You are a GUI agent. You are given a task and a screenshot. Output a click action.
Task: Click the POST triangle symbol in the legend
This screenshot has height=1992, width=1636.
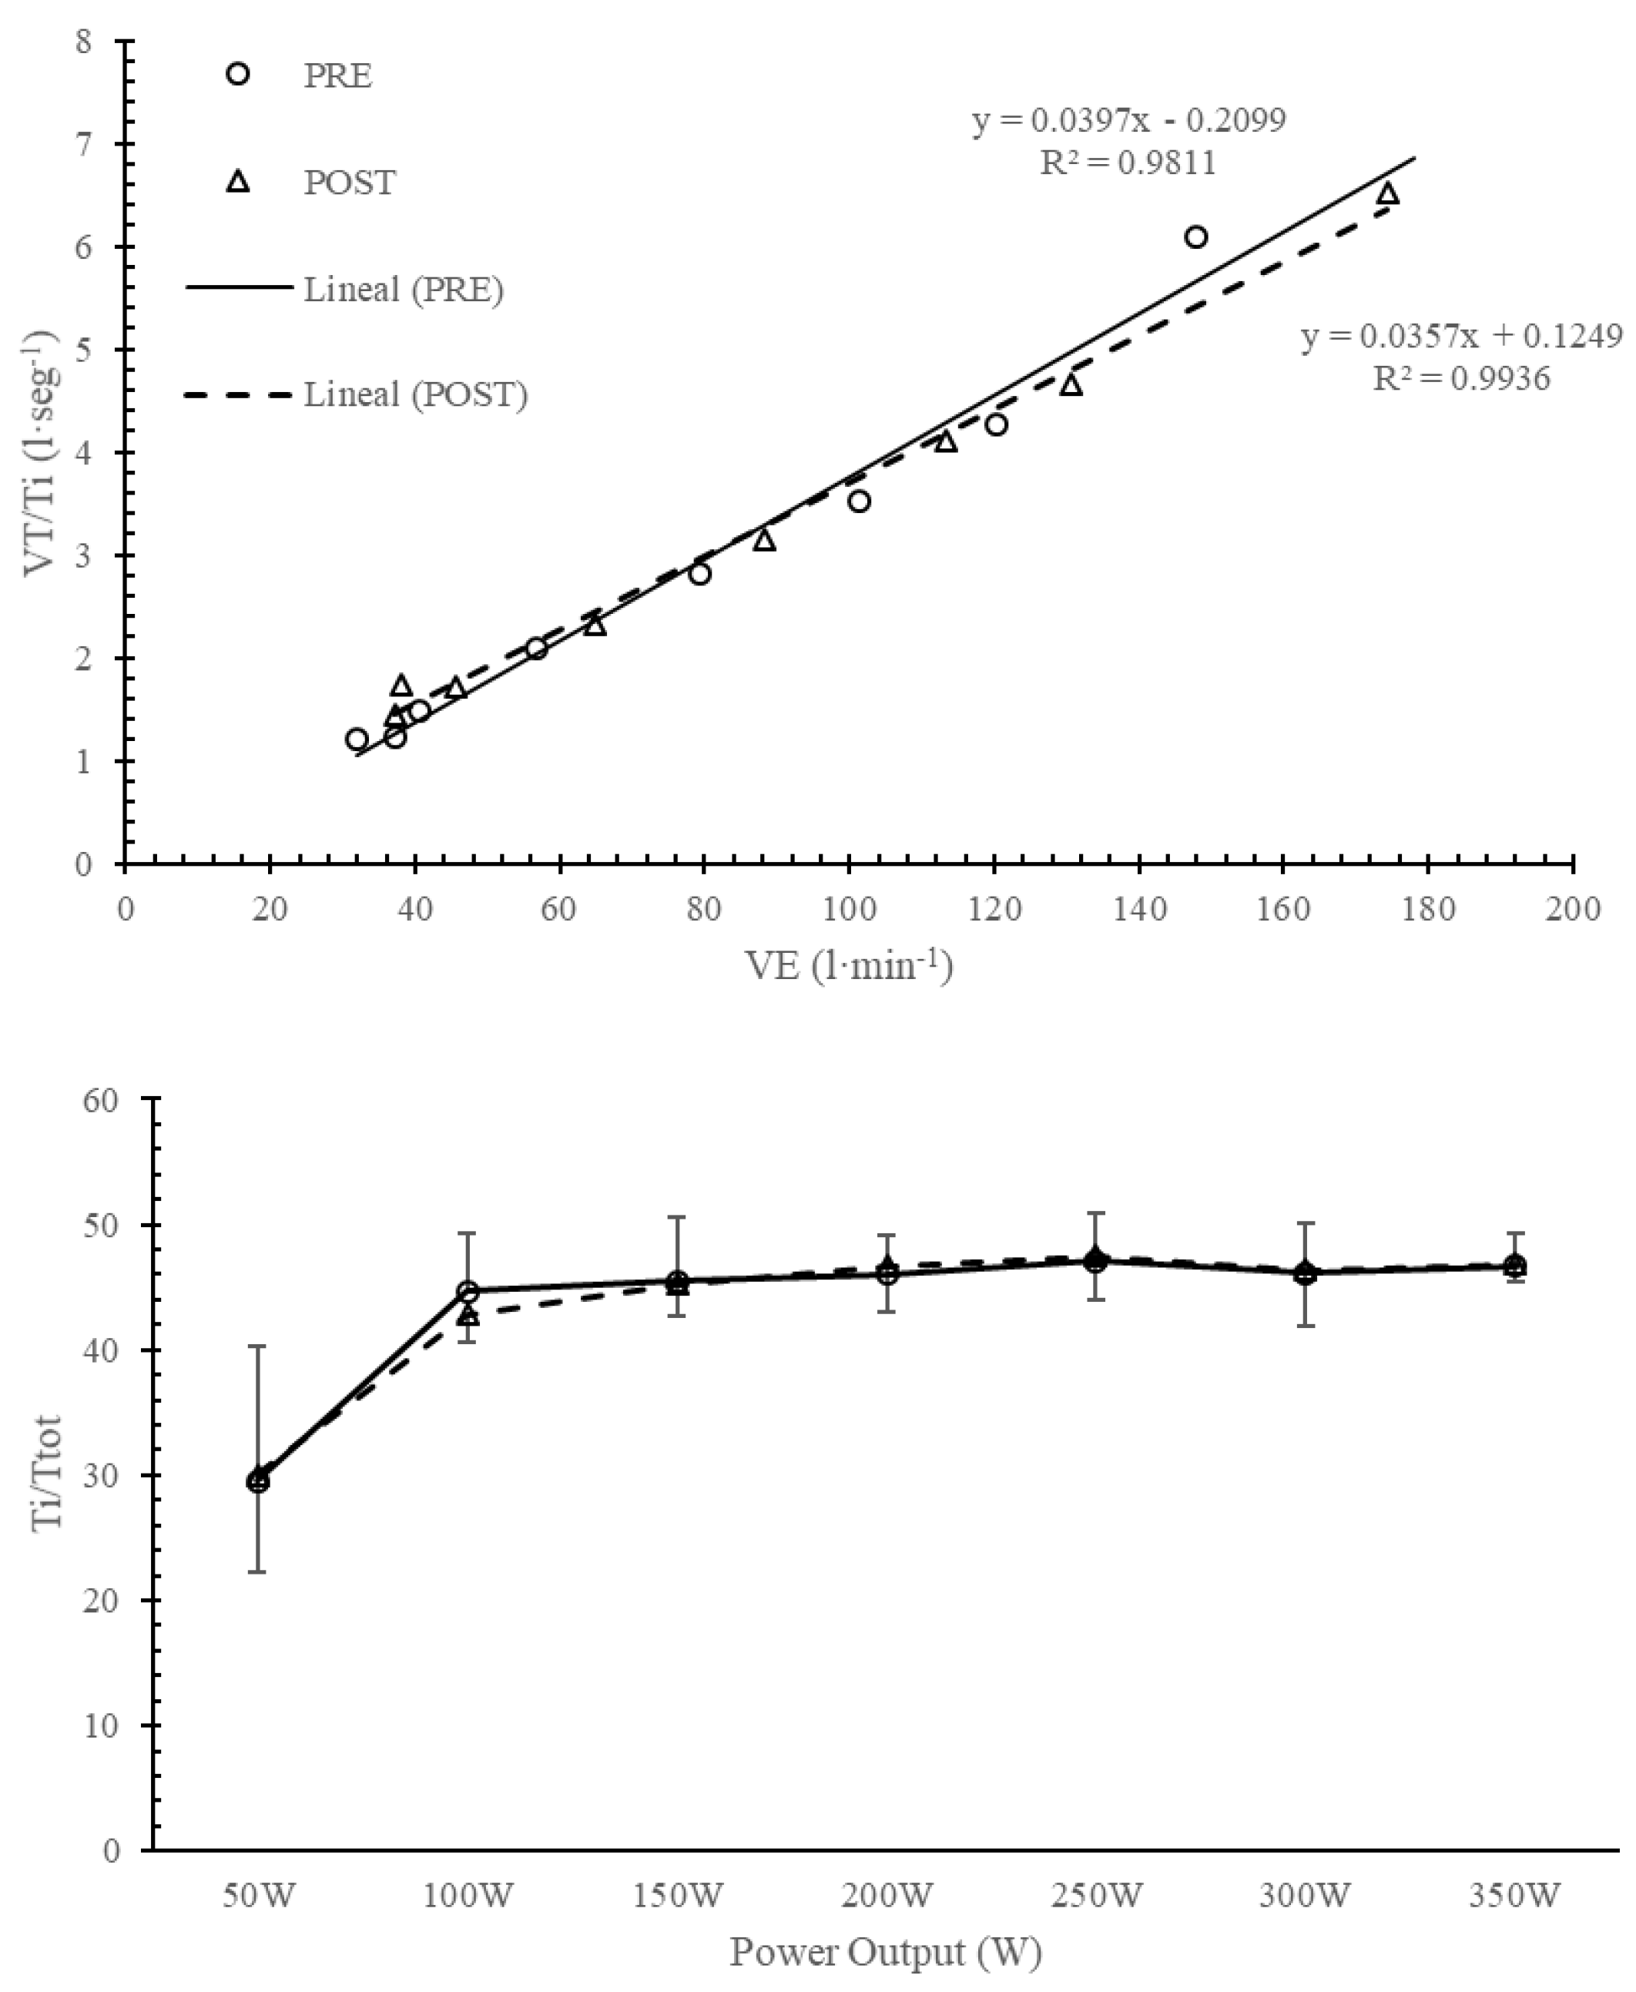[x=240, y=181]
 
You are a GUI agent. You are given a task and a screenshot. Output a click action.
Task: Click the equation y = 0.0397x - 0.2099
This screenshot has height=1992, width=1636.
[x=1129, y=121]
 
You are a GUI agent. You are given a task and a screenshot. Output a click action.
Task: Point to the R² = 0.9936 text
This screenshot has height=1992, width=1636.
[x=1460, y=379]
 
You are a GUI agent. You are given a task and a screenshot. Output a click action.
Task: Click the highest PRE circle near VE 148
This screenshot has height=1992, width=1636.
[x=1196, y=236]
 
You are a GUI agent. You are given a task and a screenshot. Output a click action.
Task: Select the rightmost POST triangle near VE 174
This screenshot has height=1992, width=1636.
[x=1387, y=195]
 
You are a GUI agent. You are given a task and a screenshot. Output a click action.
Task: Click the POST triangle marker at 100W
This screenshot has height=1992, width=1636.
[x=468, y=1316]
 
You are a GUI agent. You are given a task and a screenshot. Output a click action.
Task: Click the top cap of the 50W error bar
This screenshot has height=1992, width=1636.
[x=257, y=1346]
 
